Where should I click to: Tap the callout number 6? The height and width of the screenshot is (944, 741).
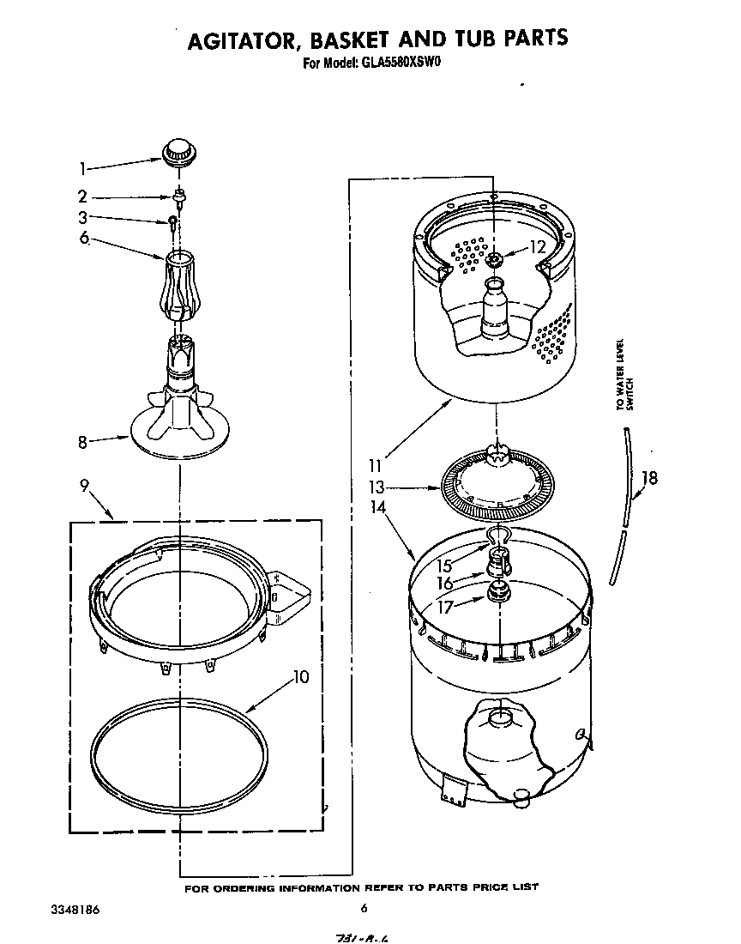coord(84,238)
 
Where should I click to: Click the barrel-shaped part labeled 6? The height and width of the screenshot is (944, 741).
coord(180,284)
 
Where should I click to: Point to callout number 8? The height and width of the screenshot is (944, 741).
coord(83,443)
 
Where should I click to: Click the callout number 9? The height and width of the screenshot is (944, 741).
coord(85,485)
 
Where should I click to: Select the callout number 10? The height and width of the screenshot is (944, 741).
coord(299,676)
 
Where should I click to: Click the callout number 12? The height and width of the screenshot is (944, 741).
coord(537,247)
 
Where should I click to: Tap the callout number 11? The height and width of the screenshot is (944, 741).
coord(375,467)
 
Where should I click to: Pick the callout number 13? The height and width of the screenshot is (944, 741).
coord(376,488)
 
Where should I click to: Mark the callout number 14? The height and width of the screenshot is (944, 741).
coord(377,508)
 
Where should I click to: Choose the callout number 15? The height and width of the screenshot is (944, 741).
coord(445,566)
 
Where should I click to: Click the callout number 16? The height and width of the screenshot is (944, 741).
coord(445,584)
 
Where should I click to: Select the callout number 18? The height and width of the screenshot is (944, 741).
coord(650,478)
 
